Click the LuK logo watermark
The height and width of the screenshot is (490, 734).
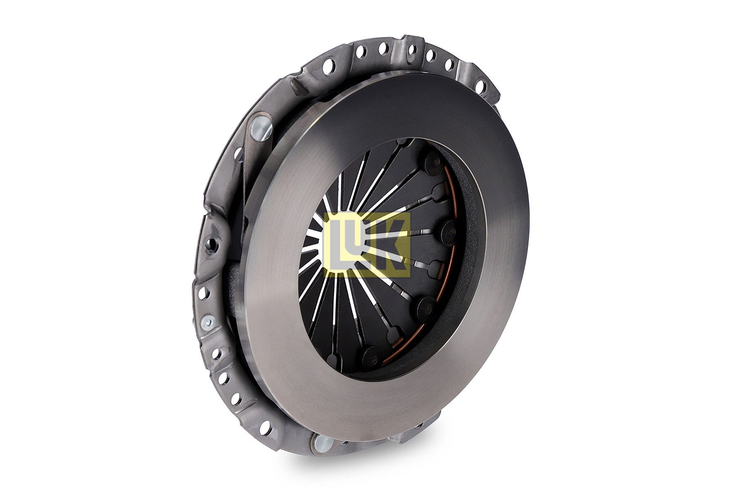pyautogui.click(x=367, y=245)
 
